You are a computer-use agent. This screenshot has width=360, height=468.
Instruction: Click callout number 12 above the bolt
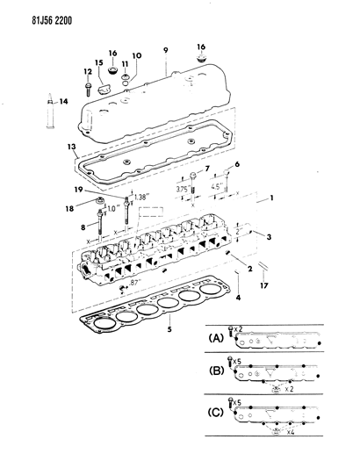(88, 70)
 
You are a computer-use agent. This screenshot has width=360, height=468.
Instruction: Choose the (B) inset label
(214, 371)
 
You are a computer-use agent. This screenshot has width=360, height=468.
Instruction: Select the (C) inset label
(214, 412)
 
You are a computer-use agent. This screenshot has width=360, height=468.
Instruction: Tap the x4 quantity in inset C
(287, 431)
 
